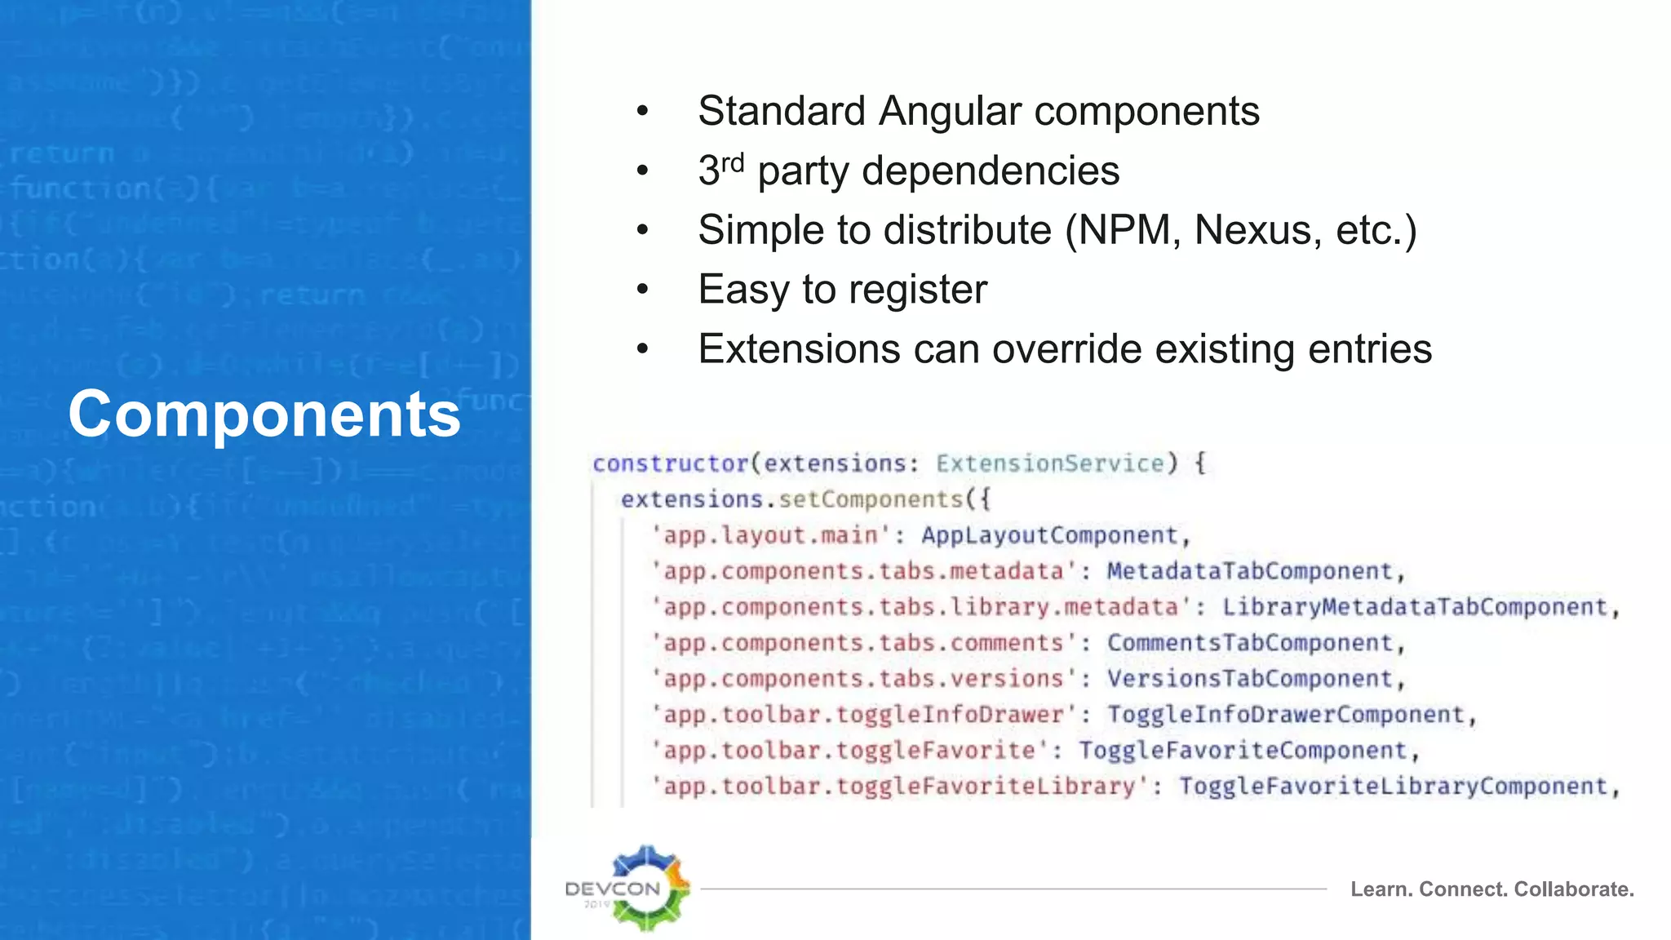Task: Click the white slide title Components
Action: pyautogui.click(x=264, y=414)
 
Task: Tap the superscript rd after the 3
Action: pyautogui.click(x=733, y=162)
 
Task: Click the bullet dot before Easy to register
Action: pyautogui.click(x=643, y=289)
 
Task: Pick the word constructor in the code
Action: pyautogui.click(x=670, y=463)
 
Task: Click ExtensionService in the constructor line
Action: pyautogui.click(x=1050, y=463)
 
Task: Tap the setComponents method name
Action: pyautogui.click(x=871, y=499)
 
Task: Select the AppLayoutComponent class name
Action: pyautogui.click(x=1049, y=535)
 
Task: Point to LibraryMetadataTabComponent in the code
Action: pyautogui.click(x=1414, y=607)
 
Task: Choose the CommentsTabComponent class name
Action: pyautogui.click(x=1249, y=643)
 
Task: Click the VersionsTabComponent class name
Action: pyautogui.click(x=1249, y=679)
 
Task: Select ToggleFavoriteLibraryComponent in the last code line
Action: pyautogui.click(x=1393, y=787)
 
